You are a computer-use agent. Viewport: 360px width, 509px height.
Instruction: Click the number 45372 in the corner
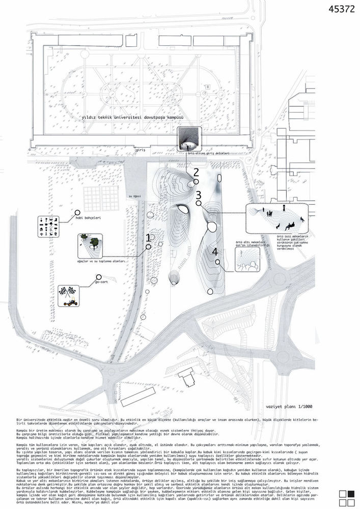[x=343, y=9]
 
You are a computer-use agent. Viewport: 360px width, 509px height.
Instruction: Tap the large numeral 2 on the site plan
[x=196, y=172]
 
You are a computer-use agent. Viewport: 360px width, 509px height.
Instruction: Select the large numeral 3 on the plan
[x=199, y=195]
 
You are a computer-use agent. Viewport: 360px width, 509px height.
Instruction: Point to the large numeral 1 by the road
[x=148, y=238]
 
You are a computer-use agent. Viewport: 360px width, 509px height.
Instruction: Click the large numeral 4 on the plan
[x=215, y=251]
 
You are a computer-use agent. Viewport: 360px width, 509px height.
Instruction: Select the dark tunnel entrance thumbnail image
[x=189, y=139]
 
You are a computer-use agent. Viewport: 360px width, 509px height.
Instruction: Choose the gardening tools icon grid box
[x=49, y=227]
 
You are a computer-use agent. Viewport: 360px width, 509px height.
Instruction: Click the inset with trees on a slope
[x=90, y=245]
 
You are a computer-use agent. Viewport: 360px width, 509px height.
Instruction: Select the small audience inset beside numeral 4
[x=247, y=259]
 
